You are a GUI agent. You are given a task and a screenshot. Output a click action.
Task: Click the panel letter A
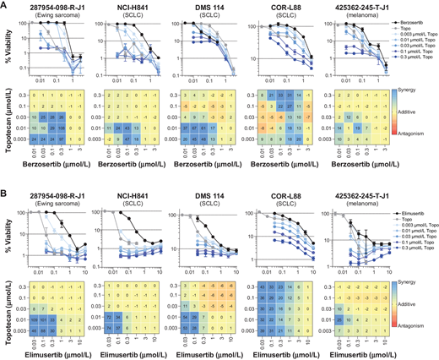coord(4,5)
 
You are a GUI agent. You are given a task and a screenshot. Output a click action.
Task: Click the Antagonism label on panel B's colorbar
coord(420,324)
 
